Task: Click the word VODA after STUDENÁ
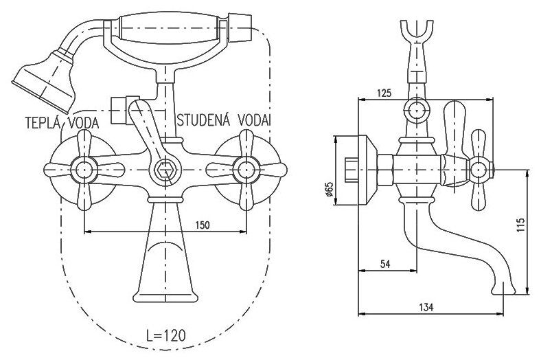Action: [253, 119]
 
